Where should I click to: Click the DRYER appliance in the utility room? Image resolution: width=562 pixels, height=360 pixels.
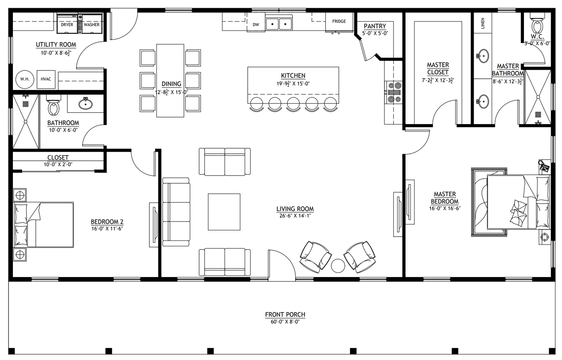67,24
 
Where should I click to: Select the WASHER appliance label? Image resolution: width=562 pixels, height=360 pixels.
92,25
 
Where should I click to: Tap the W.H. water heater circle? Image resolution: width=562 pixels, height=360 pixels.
25,79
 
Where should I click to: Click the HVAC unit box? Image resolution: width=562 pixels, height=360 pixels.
46,79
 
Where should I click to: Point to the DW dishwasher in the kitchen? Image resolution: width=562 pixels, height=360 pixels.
256,24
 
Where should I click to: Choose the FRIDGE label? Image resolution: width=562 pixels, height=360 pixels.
339,21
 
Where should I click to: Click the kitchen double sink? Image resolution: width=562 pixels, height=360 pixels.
279,24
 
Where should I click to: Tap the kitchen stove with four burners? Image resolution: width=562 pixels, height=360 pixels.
393,93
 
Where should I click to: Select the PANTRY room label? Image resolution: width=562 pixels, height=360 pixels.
375,26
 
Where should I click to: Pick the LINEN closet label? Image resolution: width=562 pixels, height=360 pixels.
483,23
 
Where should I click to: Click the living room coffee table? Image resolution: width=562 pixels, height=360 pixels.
224,212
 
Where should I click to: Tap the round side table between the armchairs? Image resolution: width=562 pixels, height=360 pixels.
338,266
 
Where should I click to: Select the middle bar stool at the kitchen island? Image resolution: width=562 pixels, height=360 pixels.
293,104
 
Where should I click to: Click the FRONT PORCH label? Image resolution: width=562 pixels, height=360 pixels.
285,314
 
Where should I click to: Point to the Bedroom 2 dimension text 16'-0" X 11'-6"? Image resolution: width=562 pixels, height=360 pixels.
107,228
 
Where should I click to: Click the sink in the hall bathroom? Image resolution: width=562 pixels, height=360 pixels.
86,104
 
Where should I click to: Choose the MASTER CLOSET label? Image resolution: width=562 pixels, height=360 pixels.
438,68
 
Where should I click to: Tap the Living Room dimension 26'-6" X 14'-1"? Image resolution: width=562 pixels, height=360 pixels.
295,216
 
